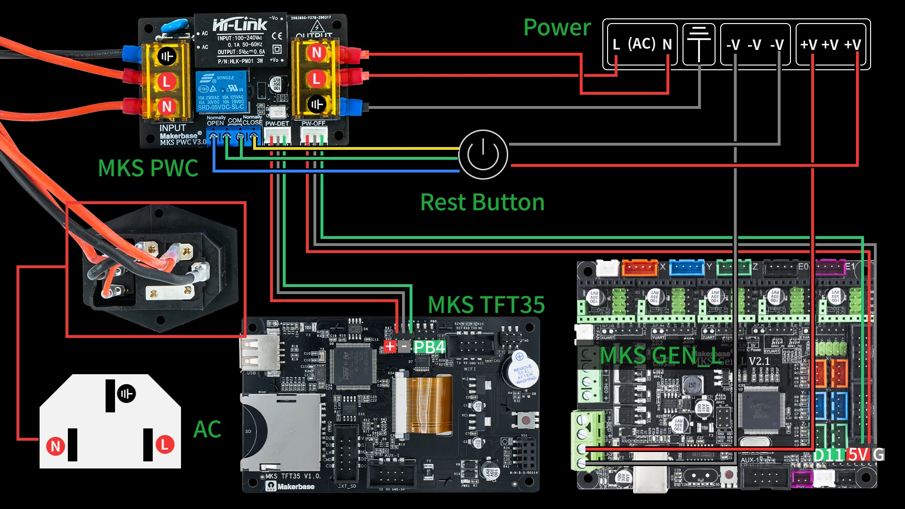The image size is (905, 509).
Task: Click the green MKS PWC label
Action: (148, 168)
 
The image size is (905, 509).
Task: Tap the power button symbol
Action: (483, 155)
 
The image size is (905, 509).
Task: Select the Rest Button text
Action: (482, 203)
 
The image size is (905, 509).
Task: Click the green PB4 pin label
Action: (429, 347)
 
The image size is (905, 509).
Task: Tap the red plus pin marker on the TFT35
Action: (390, 347)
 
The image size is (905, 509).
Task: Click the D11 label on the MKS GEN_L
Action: (828, 455)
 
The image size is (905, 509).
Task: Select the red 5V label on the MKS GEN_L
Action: (858, 455)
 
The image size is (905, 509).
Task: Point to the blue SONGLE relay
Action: (222, 92)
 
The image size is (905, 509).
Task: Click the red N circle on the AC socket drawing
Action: (56, 446)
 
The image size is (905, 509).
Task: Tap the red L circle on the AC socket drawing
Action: (165, 444)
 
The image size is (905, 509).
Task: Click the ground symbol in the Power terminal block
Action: (699, 44)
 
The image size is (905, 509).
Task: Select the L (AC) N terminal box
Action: (642, 44)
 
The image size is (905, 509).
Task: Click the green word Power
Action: (557, 27)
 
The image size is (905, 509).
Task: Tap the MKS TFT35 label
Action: (486, 305)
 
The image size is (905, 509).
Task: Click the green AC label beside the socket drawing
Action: (207, 429)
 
